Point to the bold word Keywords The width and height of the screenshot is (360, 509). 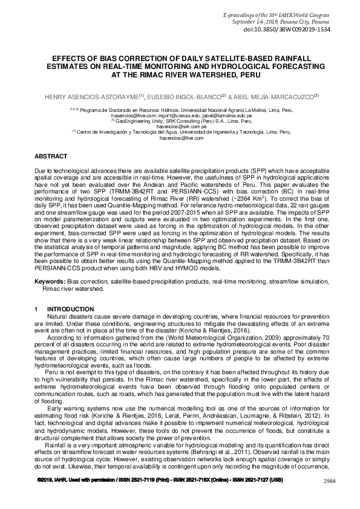point(50,282)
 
